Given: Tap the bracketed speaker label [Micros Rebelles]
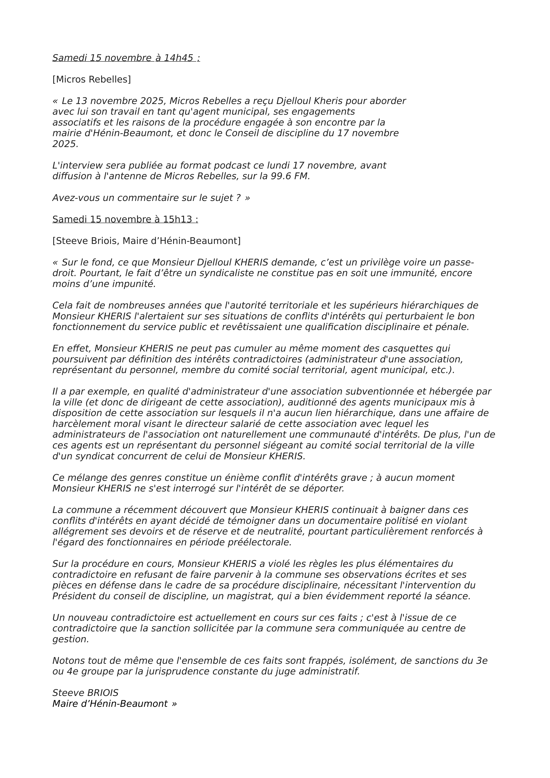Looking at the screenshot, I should click(91, 79).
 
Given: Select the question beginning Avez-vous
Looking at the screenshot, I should click(151, 198).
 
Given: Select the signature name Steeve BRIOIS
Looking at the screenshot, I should click(85, 693).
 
